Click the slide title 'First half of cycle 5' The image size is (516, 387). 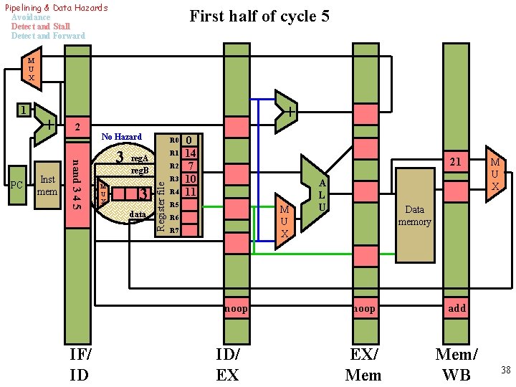coord(259,16)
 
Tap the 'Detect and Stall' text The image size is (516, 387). coord(40,27)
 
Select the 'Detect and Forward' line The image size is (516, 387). coord(47,36)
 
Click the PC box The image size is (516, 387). coord(17,185)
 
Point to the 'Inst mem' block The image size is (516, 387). coord(47,185)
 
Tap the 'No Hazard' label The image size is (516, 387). coord(121,136)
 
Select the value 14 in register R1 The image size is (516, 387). coord(190,153)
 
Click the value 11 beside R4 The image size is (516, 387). coord(190,192)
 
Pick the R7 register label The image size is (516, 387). coord(173,231)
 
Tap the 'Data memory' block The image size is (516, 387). coord(414,216)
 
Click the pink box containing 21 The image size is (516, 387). coord(454,163)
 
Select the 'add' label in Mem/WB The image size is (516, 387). coord(457,308)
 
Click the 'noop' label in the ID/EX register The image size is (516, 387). coord(236,308)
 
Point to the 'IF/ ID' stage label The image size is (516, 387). coord(80,364)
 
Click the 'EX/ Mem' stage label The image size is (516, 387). coord(363,364)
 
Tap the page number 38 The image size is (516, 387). coord(505,370)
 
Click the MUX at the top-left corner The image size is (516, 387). coord(31,68)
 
